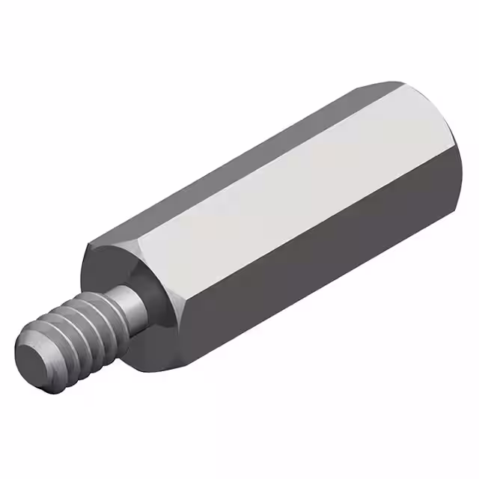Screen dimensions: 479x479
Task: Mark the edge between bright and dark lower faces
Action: (299, 239)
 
